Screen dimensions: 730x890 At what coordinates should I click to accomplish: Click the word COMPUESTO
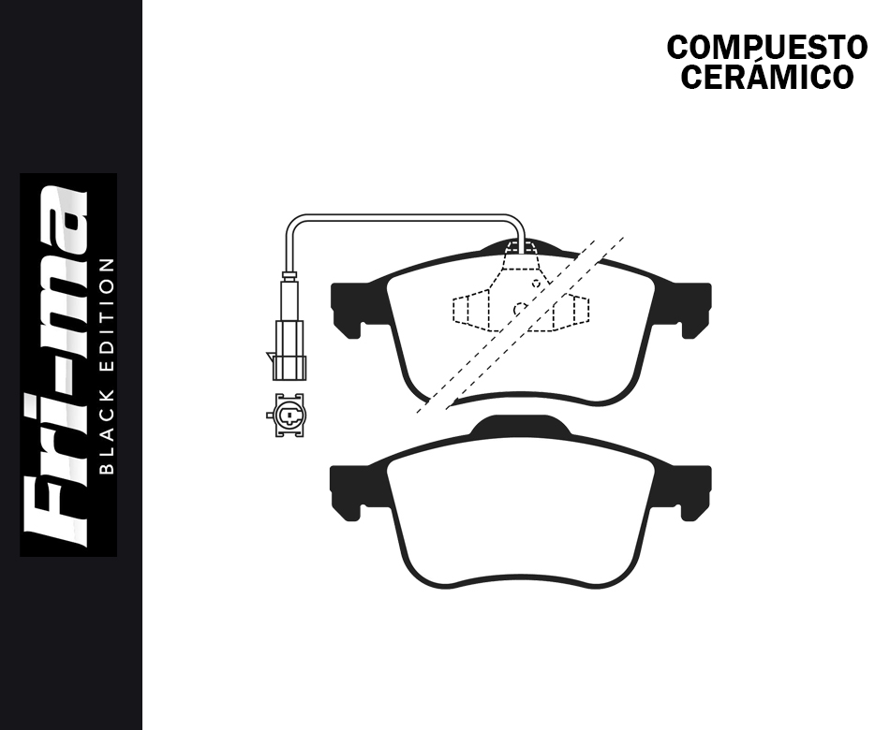[766, 47]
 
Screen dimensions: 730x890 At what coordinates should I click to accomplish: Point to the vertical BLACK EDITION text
[106, 365]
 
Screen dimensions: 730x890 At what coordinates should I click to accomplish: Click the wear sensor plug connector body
[289, 349]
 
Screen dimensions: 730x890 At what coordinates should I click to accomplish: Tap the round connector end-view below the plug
[285, 415]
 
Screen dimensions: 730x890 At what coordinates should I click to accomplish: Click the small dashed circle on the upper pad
[520, 307]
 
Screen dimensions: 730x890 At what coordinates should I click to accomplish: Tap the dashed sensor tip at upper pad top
[520, 247]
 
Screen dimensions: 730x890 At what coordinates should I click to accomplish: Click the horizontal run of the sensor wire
[403, 217]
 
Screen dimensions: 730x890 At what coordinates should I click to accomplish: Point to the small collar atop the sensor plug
[289, 276]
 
